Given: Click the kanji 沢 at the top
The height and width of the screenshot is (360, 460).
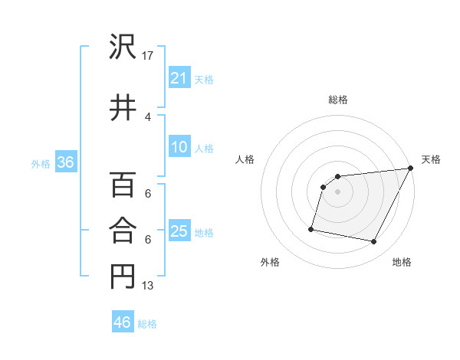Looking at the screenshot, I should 122,47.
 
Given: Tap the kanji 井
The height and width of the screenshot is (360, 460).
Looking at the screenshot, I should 122,106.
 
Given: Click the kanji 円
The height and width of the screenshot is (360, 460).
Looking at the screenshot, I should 122,277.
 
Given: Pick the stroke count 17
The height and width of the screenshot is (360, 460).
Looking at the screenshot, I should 148,56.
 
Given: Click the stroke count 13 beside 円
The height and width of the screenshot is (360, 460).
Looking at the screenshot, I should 148,286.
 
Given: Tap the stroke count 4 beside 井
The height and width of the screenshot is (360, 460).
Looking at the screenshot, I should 148,116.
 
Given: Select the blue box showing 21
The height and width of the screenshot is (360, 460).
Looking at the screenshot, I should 179,78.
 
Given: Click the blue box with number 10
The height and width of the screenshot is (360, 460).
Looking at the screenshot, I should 179,147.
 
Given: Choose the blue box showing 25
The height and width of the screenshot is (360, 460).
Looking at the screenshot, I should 179,231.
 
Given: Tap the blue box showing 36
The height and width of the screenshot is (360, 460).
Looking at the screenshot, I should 65,162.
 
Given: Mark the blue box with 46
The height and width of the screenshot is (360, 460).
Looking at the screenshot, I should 122,322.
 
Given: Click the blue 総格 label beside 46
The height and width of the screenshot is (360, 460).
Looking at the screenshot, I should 147,324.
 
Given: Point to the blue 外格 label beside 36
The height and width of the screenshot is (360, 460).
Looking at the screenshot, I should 41,163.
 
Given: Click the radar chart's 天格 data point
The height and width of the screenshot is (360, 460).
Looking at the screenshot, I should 410,169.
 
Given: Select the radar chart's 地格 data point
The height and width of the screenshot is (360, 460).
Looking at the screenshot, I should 374,242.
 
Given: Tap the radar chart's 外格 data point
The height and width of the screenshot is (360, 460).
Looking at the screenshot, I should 311,228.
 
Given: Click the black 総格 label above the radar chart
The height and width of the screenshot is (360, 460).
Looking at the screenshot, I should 337,100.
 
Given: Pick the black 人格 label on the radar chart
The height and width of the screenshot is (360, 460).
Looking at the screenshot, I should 245,159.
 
